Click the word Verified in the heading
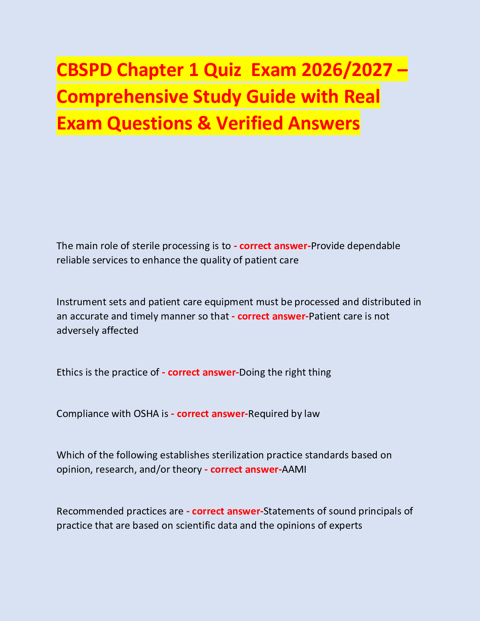[249, 123]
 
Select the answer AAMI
[294, 469]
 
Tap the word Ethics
[69, 372]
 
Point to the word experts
[345, 525]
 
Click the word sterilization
[238, 455]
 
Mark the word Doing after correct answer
[251, 372]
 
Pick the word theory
[187, 469]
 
